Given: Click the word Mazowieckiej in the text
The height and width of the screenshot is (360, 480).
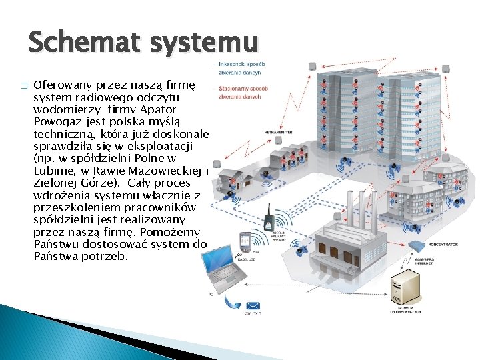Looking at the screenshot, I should pyautogui.click(x=169, y=170).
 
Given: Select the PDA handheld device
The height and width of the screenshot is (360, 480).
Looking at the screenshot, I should pyautogui.click(x=245, y=240).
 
